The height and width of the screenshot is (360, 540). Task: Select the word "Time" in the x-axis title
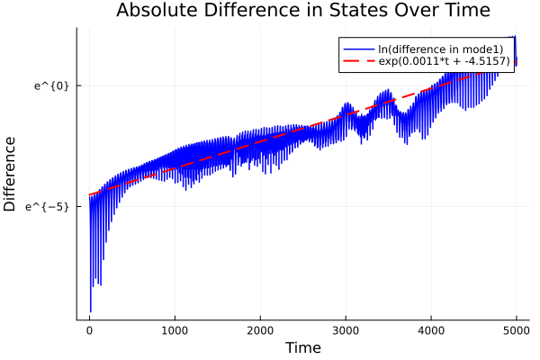click(302, 347)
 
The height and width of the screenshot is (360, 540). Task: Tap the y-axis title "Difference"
click(11, 174)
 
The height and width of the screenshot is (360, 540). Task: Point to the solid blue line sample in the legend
click(359, 48)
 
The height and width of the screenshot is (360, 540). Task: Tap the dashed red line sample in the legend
click(359, 61)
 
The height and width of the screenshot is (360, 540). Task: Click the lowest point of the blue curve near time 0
click(91, 311)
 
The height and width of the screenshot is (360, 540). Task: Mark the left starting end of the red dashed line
click(89, 195)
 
